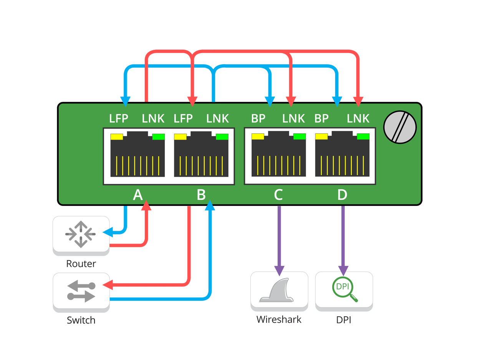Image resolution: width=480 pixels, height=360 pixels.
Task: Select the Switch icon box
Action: tap(81, 291)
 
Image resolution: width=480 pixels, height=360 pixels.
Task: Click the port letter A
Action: tap(137, 195)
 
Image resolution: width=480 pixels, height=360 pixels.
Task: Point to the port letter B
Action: tap(201, 195)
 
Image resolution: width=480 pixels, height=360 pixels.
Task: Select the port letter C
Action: tap(278, 195)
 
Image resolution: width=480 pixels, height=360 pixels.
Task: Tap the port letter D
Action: tap(342, 195)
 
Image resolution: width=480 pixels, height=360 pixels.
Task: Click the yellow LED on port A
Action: tap(116, 137)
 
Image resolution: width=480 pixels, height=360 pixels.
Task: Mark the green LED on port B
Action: tap(222, 137)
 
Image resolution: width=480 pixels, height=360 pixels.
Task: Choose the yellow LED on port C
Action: tap(258, 136)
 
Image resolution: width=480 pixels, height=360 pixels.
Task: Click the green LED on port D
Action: tap(363, 136)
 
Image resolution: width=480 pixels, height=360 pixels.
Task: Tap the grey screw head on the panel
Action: tap(400, 127)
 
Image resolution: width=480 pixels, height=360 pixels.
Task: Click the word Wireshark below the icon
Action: tap(279, 319)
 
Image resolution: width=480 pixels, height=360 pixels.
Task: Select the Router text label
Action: tap(81, 264)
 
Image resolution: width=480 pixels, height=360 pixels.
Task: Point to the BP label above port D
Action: tap(321, 119)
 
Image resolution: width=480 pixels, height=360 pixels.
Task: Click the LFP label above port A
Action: tap(118, 119)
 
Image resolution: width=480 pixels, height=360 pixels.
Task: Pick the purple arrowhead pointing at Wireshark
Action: tap(279, 270)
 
